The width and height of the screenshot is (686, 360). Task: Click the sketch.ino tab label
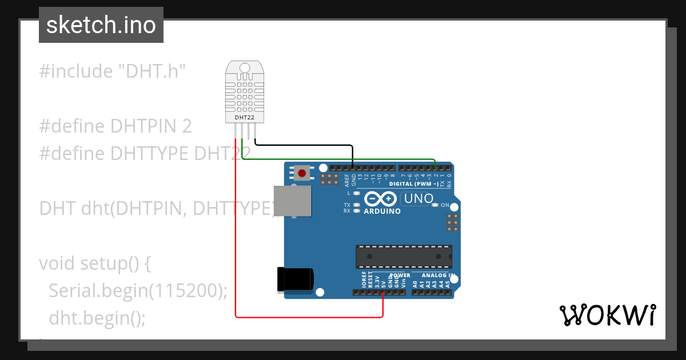[x=101, y=25]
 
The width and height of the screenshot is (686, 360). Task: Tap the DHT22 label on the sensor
[x=244, y=118]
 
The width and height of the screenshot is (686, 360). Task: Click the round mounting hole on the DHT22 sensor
[x=245, y=68]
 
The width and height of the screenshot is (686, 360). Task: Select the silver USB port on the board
[x=292, y=201]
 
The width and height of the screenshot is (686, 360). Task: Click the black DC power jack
[x=295, y=279]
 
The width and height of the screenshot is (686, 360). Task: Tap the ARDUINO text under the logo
[x=382, y=211]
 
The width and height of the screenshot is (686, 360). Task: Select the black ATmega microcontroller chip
[x=404, y=257]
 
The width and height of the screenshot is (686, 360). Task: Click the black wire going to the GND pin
[x=303, y=145]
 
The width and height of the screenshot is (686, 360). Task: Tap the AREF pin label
[x=347, y=181]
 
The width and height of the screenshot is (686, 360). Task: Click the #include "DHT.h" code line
[x=113, y=71]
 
